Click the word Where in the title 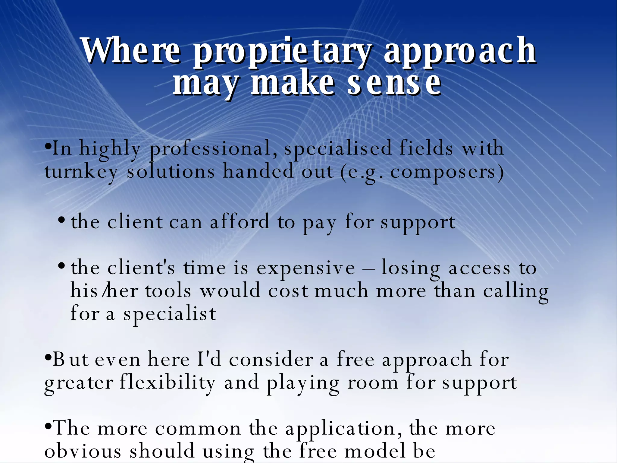coord(131,50)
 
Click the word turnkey coord(81,172)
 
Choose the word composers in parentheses coord(443,172)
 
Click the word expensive coord(305,268)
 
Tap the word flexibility coord(168,383)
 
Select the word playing coord(302,383)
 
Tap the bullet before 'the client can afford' coord(61,220)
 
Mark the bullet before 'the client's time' coord(61,266)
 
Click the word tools coord(168,291)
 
